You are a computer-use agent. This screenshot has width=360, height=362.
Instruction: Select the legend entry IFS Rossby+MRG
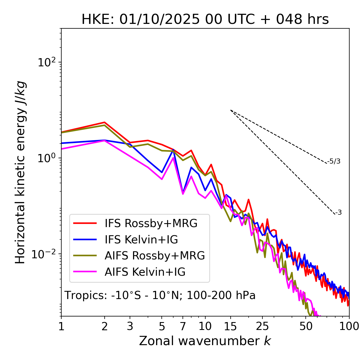coord(151,223)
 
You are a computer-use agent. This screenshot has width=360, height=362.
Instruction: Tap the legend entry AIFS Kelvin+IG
coord(145,272)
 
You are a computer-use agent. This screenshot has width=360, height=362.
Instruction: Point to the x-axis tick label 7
coord(183,326)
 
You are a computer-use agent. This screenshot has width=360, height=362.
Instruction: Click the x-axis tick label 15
coord(231,326)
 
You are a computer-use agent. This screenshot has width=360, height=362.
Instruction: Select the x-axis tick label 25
coord(262,326)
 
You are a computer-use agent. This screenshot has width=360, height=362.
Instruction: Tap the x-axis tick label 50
coord(306,326)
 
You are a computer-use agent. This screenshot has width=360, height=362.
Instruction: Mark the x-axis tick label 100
coord(349,326)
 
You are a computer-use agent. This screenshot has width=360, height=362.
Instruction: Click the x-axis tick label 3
coord(130,326)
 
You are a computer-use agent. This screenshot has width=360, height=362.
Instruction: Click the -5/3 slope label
coord(334,162)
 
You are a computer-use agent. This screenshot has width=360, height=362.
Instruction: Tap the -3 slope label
coord(338,213)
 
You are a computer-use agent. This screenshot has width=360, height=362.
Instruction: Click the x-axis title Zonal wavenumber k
coord(205,341)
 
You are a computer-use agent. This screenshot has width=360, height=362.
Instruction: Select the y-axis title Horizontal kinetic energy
coord(20,172)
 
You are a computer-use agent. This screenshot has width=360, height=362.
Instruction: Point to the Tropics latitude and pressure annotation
coord(160,296)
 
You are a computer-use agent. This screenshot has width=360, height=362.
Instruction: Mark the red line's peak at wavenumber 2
coord(105,122)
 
